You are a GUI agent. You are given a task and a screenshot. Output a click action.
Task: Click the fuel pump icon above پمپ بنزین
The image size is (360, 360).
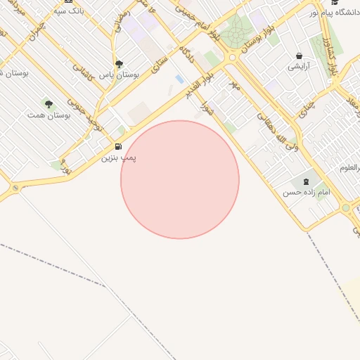pyautogui.click(x=117, y=147)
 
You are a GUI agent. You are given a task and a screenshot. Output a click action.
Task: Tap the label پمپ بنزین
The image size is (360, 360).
pyautogui.click(x=118, y=157)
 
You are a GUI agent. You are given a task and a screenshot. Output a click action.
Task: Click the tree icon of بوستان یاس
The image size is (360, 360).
pyautogui.click(x=118, y=64)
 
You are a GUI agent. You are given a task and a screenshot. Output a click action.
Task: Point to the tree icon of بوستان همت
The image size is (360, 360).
pyautogui.click(x=49, y=104)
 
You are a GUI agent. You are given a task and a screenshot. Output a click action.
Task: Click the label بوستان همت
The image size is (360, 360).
pyautogui.click(x=49, y=114)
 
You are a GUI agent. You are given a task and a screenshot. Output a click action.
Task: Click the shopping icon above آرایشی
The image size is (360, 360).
pyautogui.click(x=300, y=56)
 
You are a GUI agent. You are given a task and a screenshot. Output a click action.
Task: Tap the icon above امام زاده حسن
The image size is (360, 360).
pyautogui.click(x=306, y=181)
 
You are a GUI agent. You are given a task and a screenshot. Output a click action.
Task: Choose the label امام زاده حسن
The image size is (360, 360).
pyautogui.click(x=306, y=192)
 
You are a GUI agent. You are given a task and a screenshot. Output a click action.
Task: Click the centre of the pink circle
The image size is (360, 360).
pyautogui.click(x=180, y=179)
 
